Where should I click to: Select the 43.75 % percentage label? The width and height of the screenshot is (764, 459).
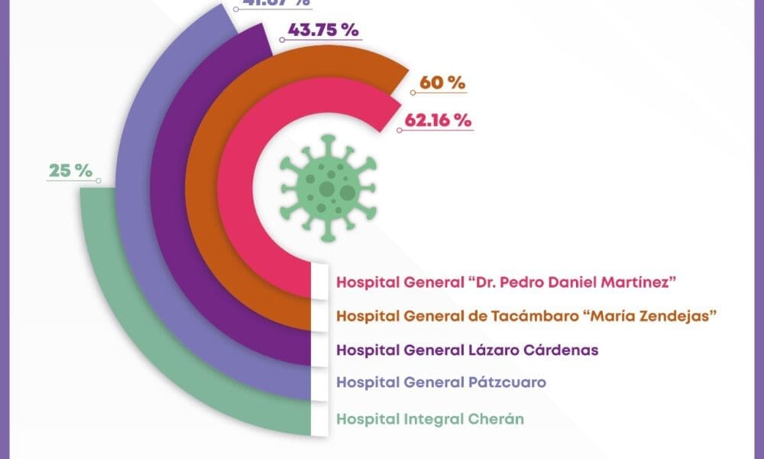[x=324, y=32]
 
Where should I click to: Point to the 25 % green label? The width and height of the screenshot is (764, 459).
[x=70, y=171]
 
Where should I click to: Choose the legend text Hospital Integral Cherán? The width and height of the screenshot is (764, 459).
[x=431, y=418]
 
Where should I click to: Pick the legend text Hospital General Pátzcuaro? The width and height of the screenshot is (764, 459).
[x=441, y=381]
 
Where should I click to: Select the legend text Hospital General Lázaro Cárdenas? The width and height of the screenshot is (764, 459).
[x=467, y=350]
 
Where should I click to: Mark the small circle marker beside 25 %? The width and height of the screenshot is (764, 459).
[x=99, y=181]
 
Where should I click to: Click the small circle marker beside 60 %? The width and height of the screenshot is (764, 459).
[x=413, y=93]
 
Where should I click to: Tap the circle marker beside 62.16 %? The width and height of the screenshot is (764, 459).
[x=399, y=129]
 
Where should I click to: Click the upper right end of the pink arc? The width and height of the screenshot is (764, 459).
[x=386, y=107]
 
